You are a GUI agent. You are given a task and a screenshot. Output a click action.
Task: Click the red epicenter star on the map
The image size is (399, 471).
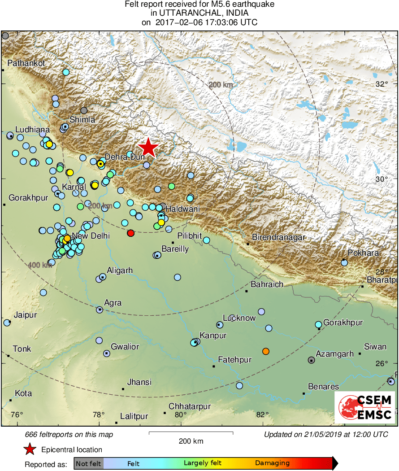pyautogui.click(x=148, y=148)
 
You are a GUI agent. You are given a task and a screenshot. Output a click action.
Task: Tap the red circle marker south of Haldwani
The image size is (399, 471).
pyautogui.click(x=130, y=233)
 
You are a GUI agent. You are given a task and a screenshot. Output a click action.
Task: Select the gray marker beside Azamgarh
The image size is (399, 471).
pyautogui.click(x=311, y=360)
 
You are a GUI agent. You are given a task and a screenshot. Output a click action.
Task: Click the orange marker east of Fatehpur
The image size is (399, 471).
pyautogui.click(x=266, y=351)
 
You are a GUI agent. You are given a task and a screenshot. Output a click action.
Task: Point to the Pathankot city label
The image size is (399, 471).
pyautogui.click(x=26, y=63)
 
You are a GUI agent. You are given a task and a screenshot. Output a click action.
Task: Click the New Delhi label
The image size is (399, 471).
pyautogui.click(x=91, y=236)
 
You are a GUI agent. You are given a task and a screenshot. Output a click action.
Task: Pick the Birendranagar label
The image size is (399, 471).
pyautogui.click(x=278, y=237)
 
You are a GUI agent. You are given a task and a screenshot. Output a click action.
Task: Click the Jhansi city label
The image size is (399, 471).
pyautogui.click(x=139, y=382)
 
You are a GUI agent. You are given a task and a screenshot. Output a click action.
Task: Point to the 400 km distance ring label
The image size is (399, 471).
pyautogui.click(x=40, y=265)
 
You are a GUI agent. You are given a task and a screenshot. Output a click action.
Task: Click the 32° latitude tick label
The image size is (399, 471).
pyautogui.click(x=382, y=84)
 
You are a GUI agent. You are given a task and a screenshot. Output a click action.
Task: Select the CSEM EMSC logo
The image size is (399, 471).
pyautogui.click(x=364, y=407)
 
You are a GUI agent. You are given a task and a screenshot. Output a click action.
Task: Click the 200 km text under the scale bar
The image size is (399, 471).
pyautogui.click(x=191, y=441)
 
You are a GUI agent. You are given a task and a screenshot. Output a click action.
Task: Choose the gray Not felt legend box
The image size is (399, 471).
pyautogui.click(x=88, y=463)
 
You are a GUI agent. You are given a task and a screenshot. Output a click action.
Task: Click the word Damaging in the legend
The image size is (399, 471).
pyautogui.click(x=272, y=463)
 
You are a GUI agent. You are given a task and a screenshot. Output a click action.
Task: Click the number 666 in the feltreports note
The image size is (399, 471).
pyautogui.click(x=32, y=434)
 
